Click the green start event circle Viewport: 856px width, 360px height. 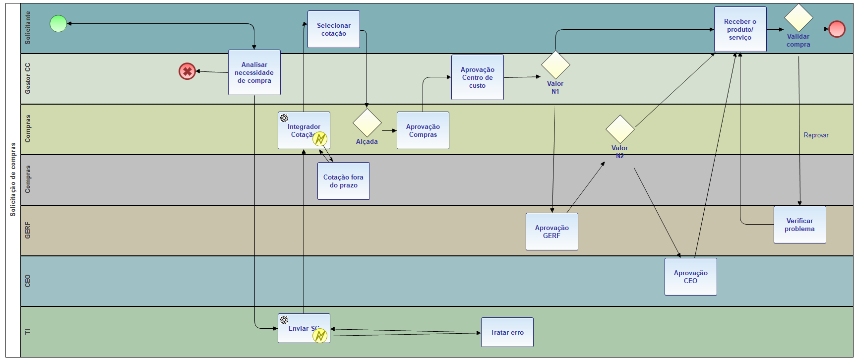59,23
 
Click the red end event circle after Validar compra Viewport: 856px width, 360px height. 837,29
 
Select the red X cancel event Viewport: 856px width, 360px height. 187,71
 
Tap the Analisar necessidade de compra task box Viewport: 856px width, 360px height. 254,72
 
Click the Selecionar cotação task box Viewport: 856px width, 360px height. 334,29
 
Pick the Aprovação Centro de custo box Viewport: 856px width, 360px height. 478,77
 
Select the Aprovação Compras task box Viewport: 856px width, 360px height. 423,130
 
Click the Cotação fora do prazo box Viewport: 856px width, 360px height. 344,181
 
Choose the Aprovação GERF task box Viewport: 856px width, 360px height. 552,232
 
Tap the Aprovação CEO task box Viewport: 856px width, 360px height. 691,277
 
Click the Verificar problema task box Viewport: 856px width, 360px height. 800,225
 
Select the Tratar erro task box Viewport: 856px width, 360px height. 507,332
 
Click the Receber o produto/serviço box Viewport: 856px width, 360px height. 740,29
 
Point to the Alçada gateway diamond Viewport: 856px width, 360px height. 367,122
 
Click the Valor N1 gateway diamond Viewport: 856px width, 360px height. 555,64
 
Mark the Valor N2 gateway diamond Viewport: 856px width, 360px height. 620,129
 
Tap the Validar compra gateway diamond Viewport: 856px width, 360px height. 798,18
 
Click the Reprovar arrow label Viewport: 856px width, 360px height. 816,135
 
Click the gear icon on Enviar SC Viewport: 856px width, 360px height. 284,320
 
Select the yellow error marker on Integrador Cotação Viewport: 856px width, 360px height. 320,139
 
